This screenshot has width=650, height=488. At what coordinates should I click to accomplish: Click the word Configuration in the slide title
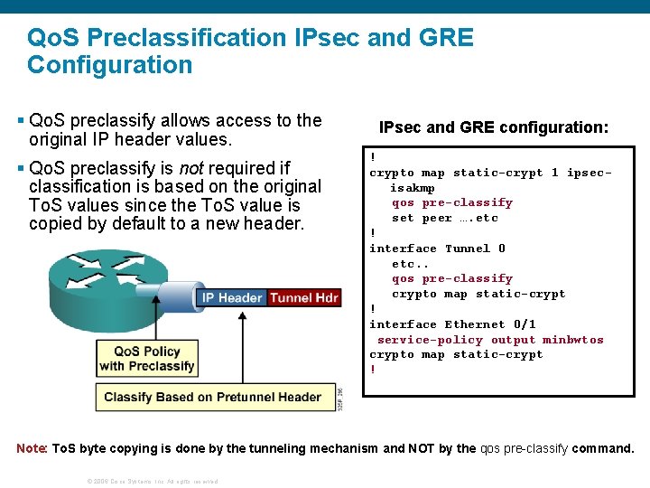pyautogui.click(x=109, y=65)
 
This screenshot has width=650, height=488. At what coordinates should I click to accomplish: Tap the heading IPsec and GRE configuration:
pyautogui.click(x=493, y=127)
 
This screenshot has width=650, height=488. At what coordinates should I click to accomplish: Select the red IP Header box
pyautogui.click(x=232, y=297)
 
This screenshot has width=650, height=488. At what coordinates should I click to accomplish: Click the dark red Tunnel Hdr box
pyautogui.click(x=303, y=297)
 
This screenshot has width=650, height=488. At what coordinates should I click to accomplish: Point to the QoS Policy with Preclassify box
pyautogui.click(x=146, y=358)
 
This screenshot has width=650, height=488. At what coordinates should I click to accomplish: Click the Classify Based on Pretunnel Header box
pyautogui.click(x=212, y=397)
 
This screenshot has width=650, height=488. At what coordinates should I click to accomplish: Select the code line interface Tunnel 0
pyautogui.click(x=437, y=249)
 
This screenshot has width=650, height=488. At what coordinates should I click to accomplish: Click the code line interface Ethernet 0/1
pyautogui.click(x=452, y=324)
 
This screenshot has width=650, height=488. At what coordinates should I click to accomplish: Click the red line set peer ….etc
pyautogui.click(x=444, y=218)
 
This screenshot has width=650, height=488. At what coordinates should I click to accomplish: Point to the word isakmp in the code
pyautogui.click(x=412, y=188)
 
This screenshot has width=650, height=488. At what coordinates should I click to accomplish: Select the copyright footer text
pyautogui.click(x=152, y=481)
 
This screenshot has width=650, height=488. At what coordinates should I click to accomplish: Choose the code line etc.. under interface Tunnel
pyautogui.click(x=410, y=264)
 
